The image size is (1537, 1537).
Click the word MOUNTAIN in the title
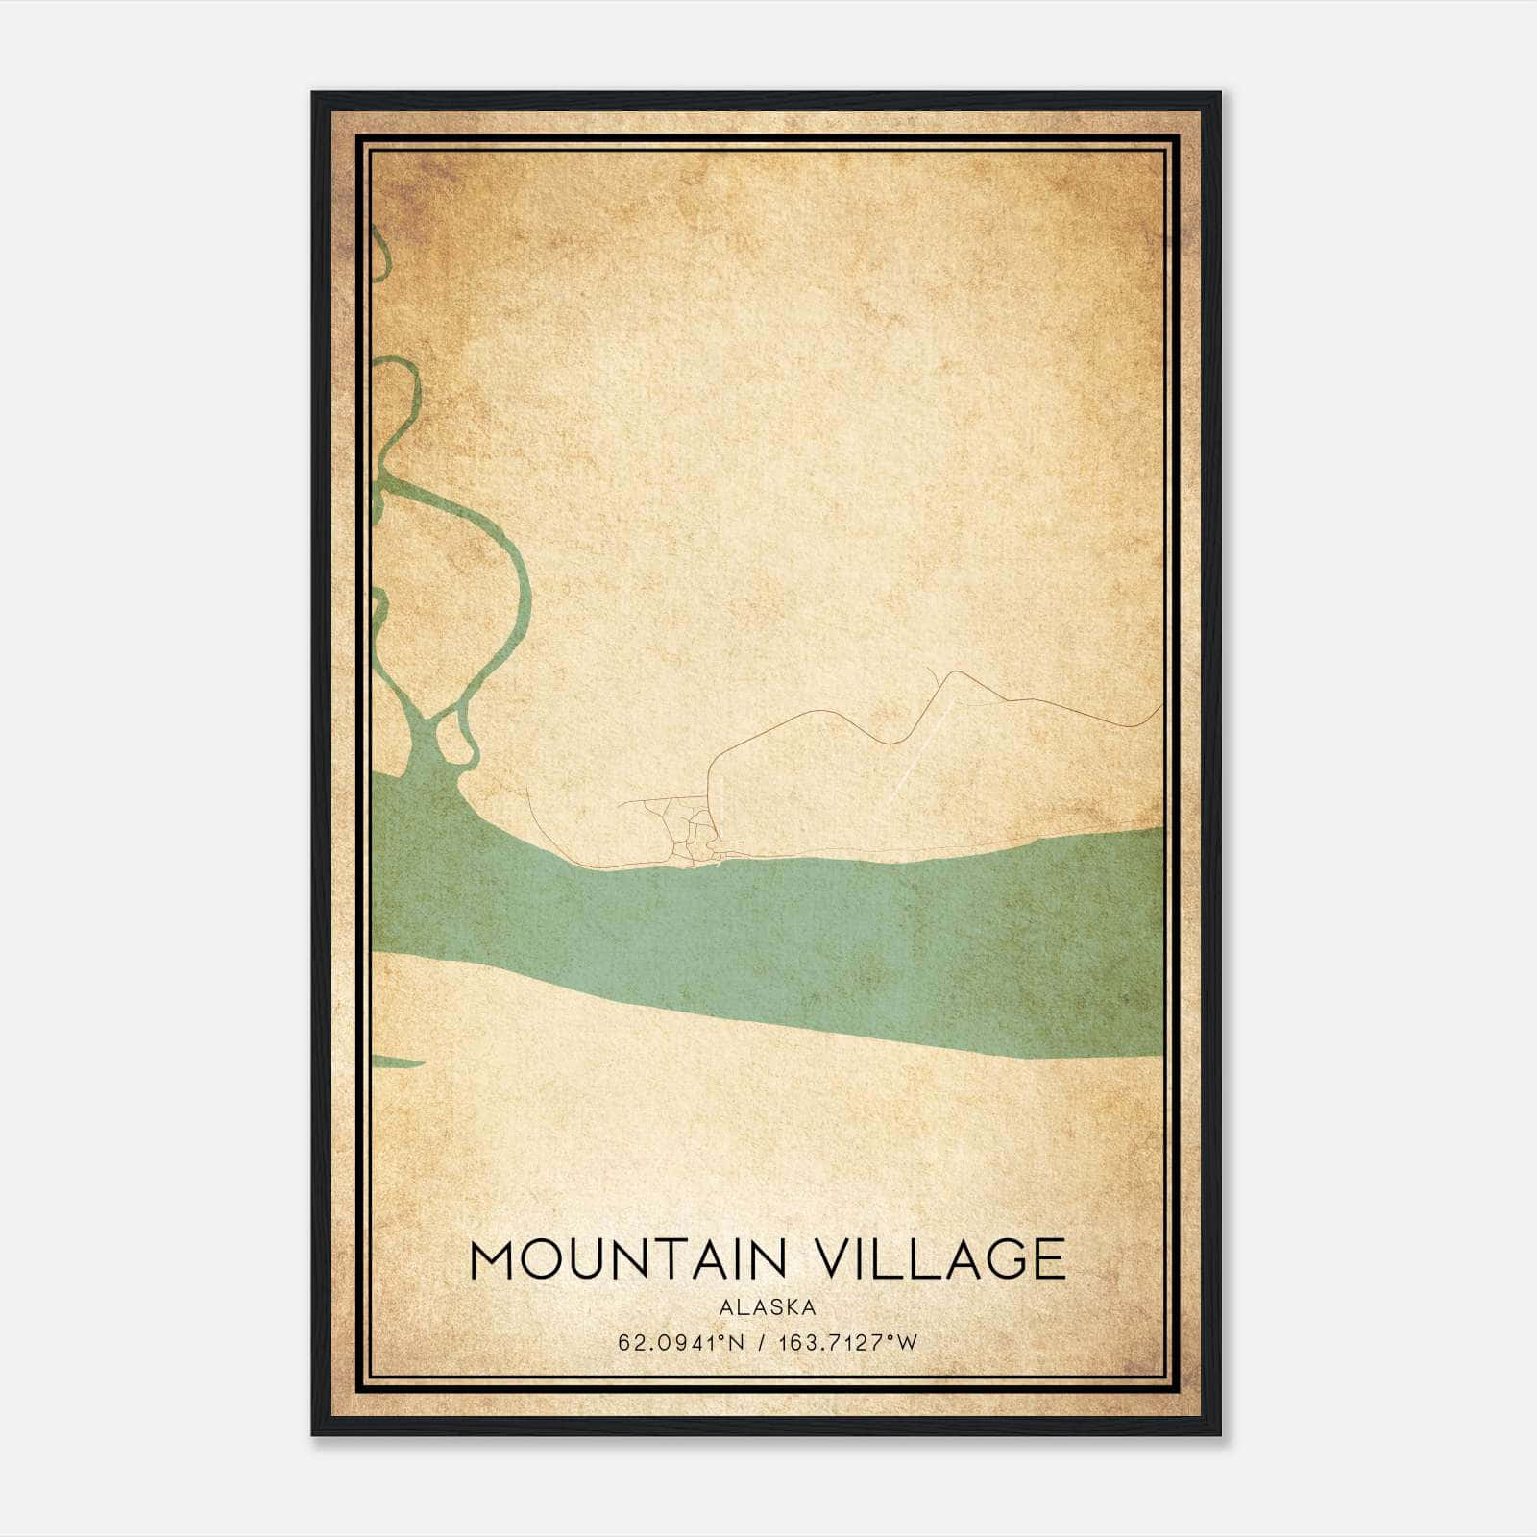pos(629,1259)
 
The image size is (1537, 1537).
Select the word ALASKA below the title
pos(768,1307)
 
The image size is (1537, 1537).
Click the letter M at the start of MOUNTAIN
pos(494,1259)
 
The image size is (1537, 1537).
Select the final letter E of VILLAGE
pos(1050,1259)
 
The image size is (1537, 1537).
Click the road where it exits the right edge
pos(1159,708)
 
